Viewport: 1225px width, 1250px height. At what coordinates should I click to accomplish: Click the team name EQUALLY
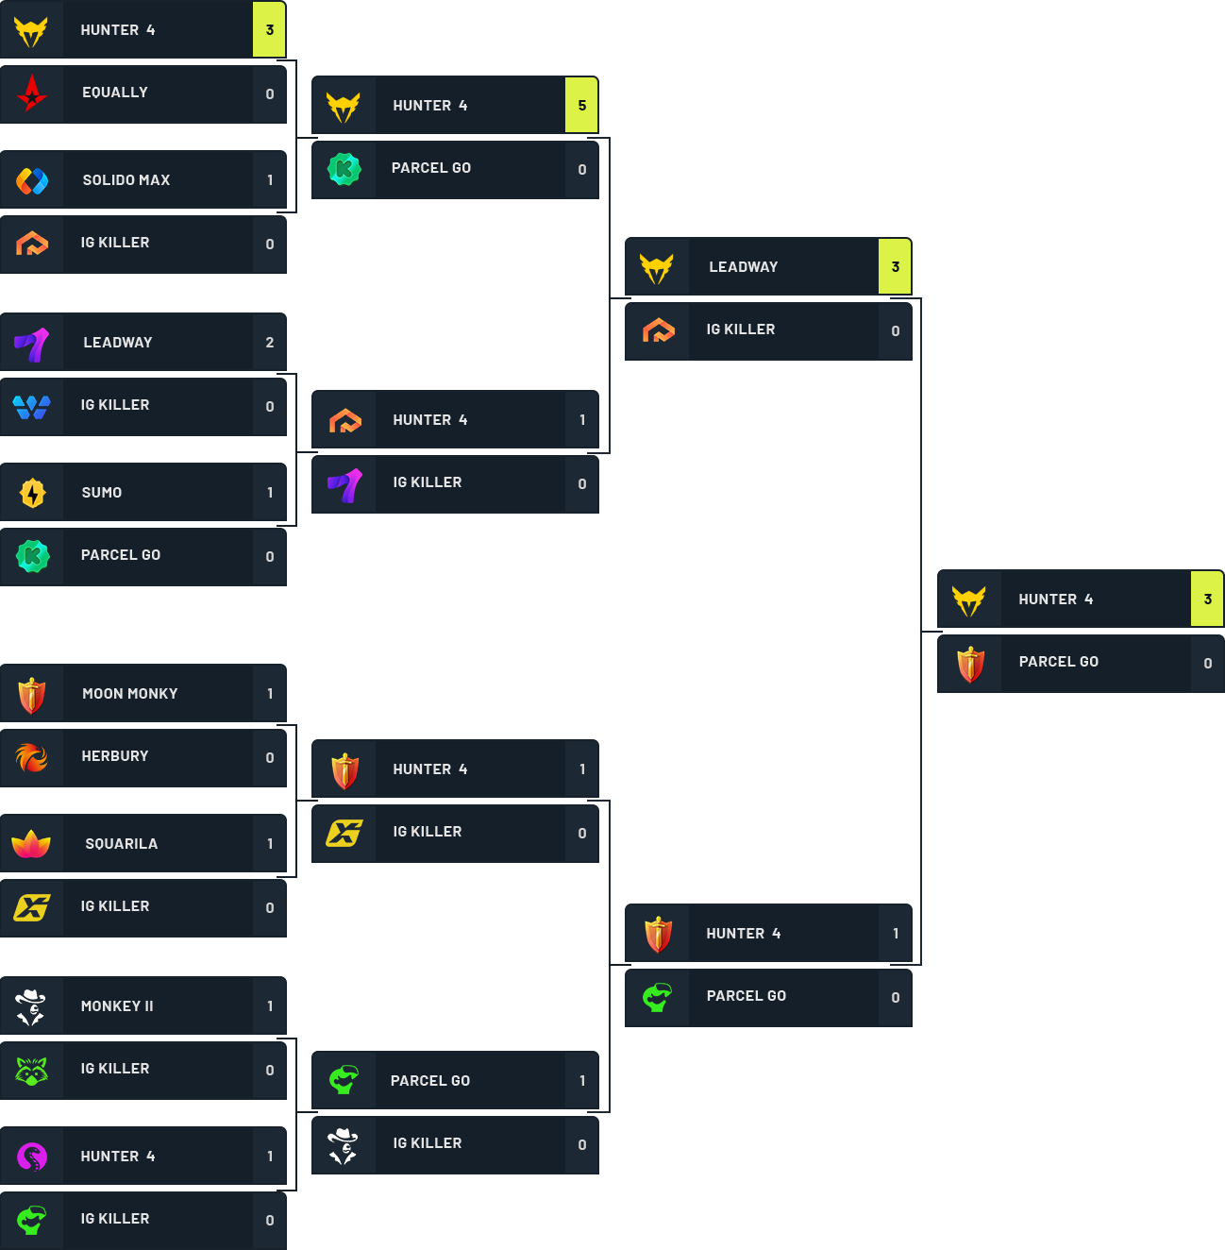click(115, 93)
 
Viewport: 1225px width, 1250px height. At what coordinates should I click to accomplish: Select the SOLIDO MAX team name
click(126, 180)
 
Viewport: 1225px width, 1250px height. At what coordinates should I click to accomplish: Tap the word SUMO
click(102, 493)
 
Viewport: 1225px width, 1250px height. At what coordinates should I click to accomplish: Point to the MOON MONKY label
click(130, 694)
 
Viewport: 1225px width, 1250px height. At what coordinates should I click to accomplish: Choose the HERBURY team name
click(115, 756)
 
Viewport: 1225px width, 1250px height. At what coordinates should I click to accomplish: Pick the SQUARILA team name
click(122, 844)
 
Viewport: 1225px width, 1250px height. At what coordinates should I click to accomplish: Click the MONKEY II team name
click(117, 1006)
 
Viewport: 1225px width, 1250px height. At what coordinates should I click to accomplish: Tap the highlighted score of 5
click(581, 106)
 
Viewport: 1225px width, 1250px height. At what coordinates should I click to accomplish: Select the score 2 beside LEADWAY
click(270, 343)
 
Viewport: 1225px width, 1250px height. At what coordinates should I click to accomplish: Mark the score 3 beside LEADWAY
click(895, 267)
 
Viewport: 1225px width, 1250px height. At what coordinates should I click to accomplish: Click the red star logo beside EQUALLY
click(32, 93)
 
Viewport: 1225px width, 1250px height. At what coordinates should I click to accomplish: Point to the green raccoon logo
click(32, 1070)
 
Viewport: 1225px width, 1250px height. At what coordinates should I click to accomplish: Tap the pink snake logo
click(32, 1157)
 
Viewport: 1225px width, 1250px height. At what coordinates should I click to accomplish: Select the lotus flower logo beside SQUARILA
click(31, 844)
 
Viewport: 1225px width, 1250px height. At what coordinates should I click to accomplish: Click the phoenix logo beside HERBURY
click(32, 757)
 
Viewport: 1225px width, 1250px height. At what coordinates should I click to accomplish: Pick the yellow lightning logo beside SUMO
click(32, 493)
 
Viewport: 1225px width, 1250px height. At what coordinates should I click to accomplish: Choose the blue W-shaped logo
click(32, 407)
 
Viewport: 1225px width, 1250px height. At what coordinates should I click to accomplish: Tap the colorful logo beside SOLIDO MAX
click(32, 180)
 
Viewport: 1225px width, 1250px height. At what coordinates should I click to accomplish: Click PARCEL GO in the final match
click(1058, 662)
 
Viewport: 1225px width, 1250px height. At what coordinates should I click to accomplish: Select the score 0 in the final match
click(1207, 664)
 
